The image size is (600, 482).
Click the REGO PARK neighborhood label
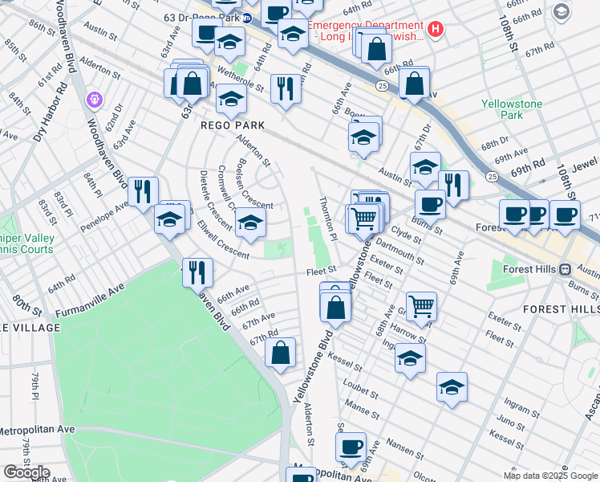233,125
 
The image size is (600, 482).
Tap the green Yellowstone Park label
512,109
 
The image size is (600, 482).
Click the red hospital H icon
435,30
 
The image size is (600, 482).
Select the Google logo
26,472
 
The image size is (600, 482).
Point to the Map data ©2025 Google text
549,476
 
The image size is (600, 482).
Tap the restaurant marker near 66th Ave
197,272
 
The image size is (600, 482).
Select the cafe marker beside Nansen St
350,447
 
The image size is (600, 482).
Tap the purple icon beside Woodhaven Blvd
95,100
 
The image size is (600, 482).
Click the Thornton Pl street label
328,218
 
